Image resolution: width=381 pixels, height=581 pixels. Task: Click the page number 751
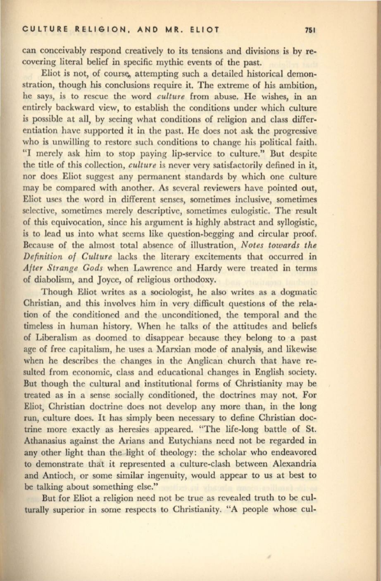(x=310, y=30)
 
